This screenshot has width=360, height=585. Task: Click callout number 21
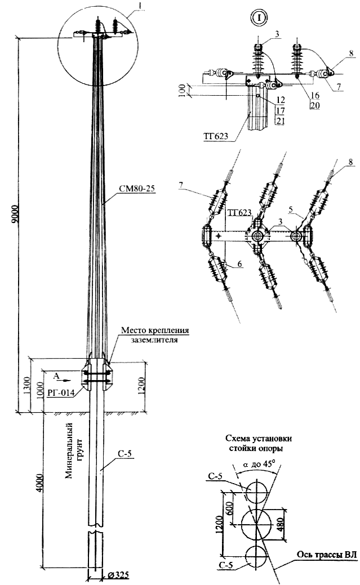(280, 119)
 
